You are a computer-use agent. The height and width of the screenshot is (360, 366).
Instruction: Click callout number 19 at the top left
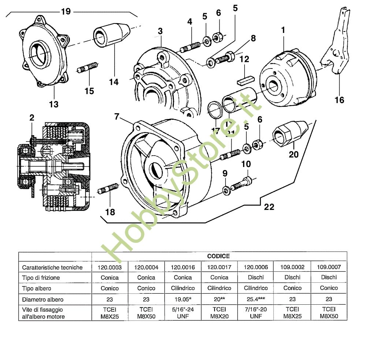click(x=66, y=11)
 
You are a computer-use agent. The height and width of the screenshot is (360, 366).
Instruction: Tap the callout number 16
click(x=339, y=99)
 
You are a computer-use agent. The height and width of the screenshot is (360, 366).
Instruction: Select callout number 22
click(x=269, y=207)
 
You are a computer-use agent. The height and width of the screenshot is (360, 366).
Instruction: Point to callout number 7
click(x=117, y=117)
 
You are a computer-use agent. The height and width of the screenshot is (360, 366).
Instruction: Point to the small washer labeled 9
click(x=226, y=189)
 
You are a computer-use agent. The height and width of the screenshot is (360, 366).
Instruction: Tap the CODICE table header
click(x=219, y=256)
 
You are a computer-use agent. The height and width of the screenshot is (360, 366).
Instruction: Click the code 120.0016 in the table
click(x=183, y=267)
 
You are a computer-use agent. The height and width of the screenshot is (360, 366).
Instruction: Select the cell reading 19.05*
click(x=183, y=299)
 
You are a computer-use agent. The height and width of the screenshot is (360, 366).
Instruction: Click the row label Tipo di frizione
click(x=41, y=278)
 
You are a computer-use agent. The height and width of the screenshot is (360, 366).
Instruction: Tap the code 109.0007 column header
click(x=329, y=267)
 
